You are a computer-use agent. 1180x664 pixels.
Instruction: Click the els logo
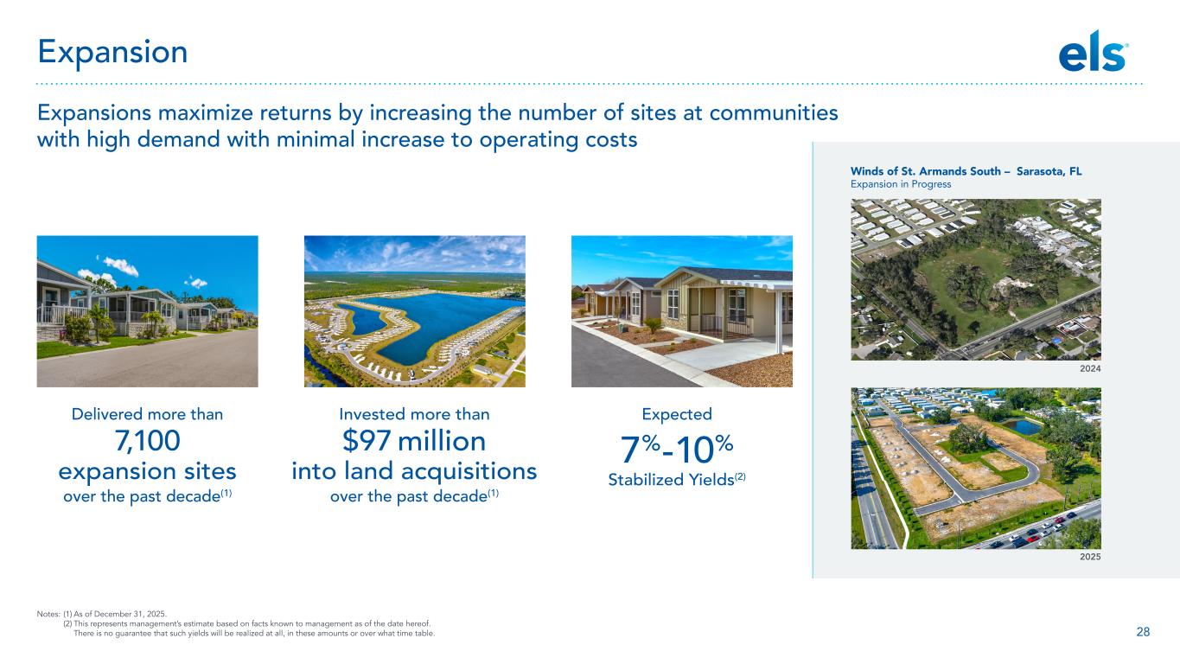point(1093,51)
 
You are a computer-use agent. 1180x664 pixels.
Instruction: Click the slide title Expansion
point(112,52)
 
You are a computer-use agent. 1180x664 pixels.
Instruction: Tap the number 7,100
point(148,441)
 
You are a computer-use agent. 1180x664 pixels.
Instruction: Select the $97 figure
point(367,441)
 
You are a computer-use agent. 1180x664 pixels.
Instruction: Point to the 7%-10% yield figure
point(677,449)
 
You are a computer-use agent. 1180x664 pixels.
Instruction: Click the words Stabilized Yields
point(671,480)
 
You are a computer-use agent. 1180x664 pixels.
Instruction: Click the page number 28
point(1143,632)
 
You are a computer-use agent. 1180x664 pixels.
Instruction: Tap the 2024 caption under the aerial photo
point(1090,369)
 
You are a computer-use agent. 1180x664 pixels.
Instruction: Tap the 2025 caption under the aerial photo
point(1090,557)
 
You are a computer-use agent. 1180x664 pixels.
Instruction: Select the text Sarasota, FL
point(1049,172)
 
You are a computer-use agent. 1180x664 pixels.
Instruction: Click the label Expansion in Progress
point(901,184)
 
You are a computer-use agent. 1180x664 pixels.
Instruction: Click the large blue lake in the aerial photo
point(443,322)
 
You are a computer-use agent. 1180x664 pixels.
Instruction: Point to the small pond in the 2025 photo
point(1022,426)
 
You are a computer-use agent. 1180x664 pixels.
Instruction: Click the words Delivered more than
point(148,414)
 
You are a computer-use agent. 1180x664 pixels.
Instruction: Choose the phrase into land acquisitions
point(415,471)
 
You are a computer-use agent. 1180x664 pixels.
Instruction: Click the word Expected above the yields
point(677,415)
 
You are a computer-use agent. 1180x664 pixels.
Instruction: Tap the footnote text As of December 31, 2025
point(119,614)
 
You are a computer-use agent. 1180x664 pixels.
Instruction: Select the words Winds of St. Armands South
point(926,172)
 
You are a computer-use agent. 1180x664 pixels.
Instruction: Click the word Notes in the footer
point(48,614)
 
